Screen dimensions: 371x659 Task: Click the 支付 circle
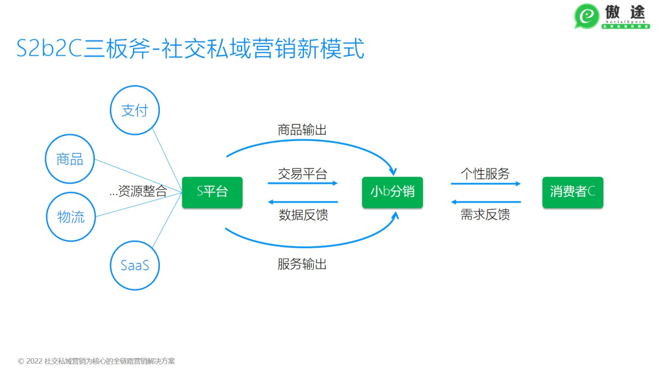tap(134, 110)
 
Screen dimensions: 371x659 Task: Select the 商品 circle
tap(70, 159)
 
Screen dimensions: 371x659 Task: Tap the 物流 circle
tap(71, 217)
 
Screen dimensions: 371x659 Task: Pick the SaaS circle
tap(135, 265)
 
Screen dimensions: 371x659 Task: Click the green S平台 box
tap(212, 192)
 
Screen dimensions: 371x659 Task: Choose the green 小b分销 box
tap(392, 192)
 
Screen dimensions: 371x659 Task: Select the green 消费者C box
tap(572, 192)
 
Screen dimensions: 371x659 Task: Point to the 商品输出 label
tap(303, 130)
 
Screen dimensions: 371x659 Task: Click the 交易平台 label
tap(303, 173)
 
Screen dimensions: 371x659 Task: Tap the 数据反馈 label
tap(303, 215)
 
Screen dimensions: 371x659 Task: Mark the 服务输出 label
tap(303, 264)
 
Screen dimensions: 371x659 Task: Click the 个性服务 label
tap(485, 173)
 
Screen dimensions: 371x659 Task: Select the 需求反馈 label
tap(485, 215)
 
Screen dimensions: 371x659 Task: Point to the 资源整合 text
tap(139, 192)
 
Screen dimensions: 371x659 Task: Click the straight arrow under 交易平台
tap(303, 183)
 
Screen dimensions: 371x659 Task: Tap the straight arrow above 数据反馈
tap(303, 202)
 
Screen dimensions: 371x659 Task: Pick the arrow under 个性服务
tap(486, 183)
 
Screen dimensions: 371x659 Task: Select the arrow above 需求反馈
tap(486, 202)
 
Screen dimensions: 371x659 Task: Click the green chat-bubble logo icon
tap(587, 16)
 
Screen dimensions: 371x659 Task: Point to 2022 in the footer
tap(35, 361)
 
